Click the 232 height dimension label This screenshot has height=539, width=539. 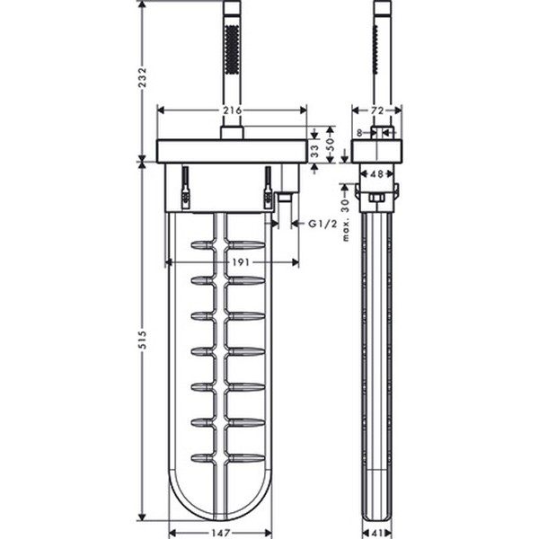[x=143, y=77]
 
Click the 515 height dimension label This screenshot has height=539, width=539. [x=143, y=340]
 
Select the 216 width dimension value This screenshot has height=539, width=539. [x=233, y=110]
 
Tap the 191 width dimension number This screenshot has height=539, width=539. [x=241, y=262]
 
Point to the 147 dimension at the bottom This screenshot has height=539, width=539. [x=221, y=533]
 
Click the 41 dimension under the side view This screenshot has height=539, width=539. [x=377, y=533]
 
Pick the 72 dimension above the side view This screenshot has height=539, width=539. [x=377, y=110]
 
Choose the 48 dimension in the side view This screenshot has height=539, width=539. [x=376, y=174]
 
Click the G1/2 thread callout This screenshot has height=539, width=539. [x=323, y=224]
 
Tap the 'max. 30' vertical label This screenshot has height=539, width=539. [x=346, y=220]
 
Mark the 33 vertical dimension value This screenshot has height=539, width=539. [x=314, y=151]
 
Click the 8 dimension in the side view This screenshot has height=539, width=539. [x=359, y=133]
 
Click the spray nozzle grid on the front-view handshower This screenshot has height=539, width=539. [x=232, y=49]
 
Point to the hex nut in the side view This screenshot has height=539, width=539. [x=376, y=198]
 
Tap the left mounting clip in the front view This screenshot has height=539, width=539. [x=186, y=188]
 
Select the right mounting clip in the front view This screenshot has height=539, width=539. [x=268, y=188]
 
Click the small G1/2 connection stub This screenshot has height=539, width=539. [x=284, y=198]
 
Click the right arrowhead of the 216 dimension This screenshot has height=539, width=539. [x=304, y=110]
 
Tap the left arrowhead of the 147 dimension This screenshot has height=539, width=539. [x=172, y=533]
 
